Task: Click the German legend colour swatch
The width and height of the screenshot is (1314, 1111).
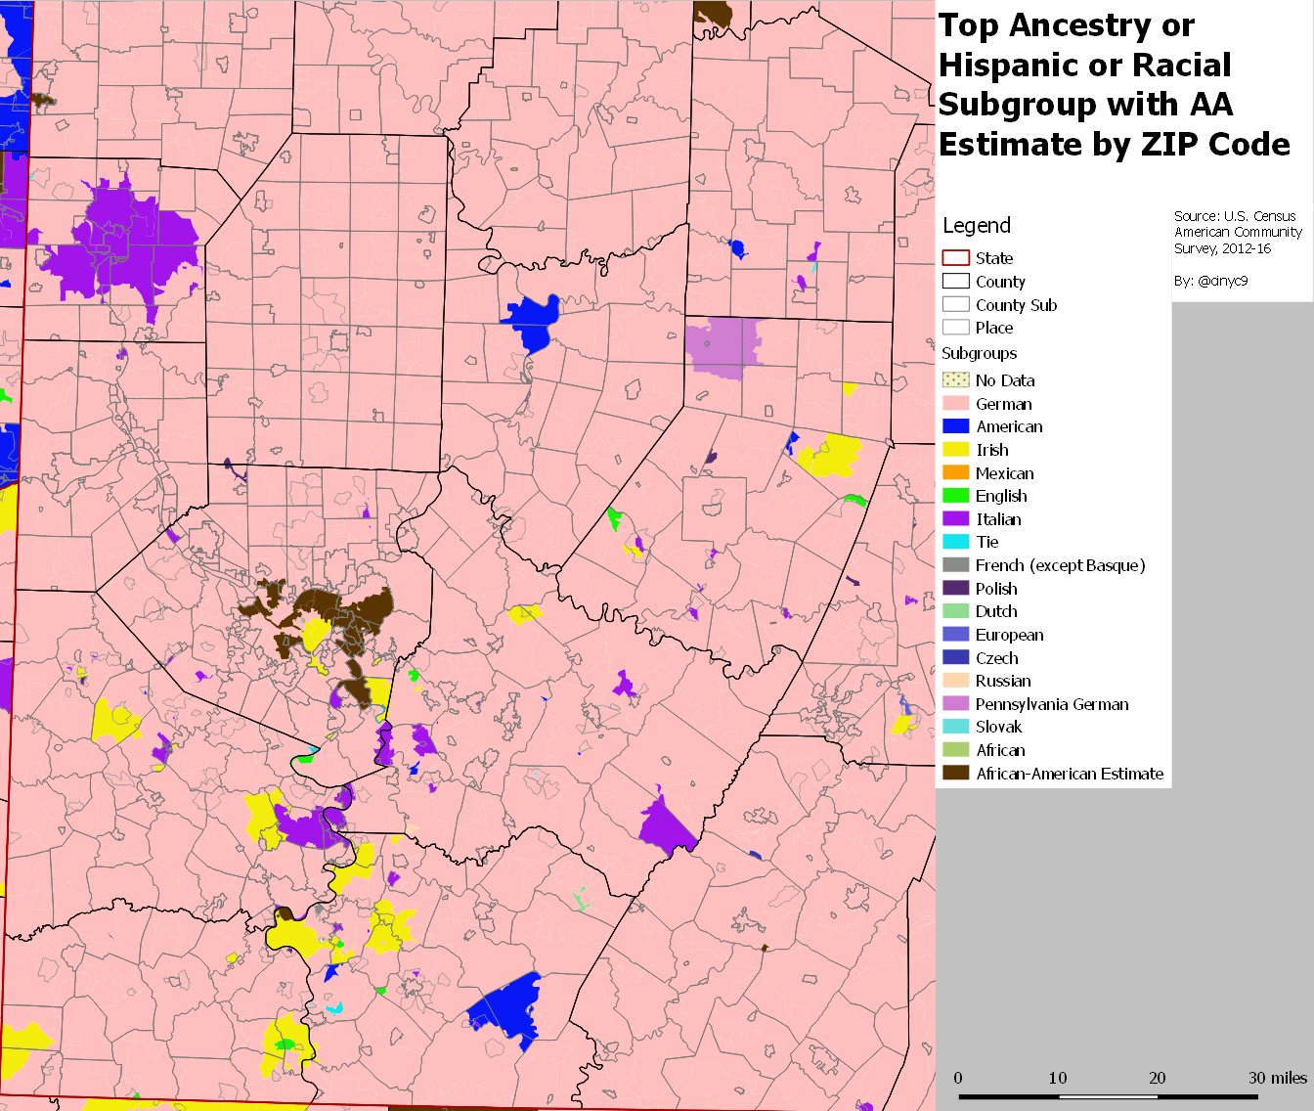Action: click(955, 403)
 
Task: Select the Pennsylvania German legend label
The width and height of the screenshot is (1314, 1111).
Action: click(1051, 704)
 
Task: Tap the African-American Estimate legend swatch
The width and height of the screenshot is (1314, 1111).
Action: click(955, 773)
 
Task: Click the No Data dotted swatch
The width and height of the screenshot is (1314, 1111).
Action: click(955, 380)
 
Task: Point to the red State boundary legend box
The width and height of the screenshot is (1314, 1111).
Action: click(955, 258)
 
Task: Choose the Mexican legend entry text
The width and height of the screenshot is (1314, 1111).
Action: click(1004, 473)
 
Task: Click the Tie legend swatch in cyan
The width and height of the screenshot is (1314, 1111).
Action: click(955, 542)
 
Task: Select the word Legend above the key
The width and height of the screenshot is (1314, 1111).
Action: click(976, 226)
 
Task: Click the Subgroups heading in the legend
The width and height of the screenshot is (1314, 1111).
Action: click(979, 353)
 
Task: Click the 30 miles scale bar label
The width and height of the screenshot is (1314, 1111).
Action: click(1277, 1078)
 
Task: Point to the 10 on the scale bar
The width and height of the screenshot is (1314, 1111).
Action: click(1057, 1078)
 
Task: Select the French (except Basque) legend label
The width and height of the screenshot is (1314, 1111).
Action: click(1060, 565)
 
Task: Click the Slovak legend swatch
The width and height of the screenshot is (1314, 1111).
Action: click(955, 727)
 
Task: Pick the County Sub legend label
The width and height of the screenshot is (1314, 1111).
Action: click(1016, 305)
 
